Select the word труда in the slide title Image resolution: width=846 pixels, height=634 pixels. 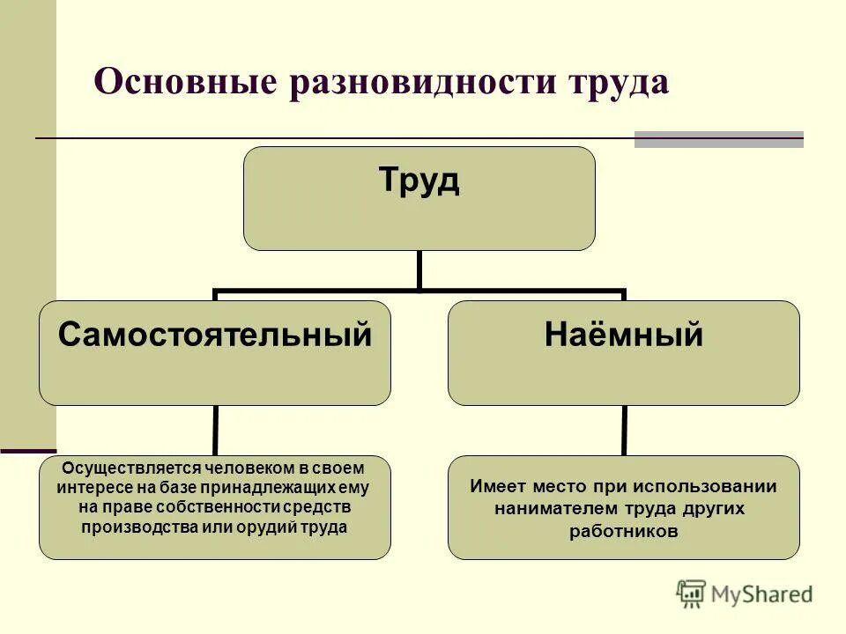point(618,83)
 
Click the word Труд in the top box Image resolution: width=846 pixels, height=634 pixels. point(419,182)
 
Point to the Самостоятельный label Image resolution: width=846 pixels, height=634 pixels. point(215,335)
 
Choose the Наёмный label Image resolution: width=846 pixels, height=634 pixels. point(624,335)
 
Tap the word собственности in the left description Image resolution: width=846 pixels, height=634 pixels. point(234,507)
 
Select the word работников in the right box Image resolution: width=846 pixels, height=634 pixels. point(624,531)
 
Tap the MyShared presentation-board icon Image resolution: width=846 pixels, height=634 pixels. point(692,594)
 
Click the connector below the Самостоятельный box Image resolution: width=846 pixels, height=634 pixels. point(215,431)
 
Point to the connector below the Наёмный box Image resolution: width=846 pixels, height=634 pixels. point(624,431)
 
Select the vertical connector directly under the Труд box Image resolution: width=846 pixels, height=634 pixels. point(419,269)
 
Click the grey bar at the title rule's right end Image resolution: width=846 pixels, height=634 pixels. point(719,139)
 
